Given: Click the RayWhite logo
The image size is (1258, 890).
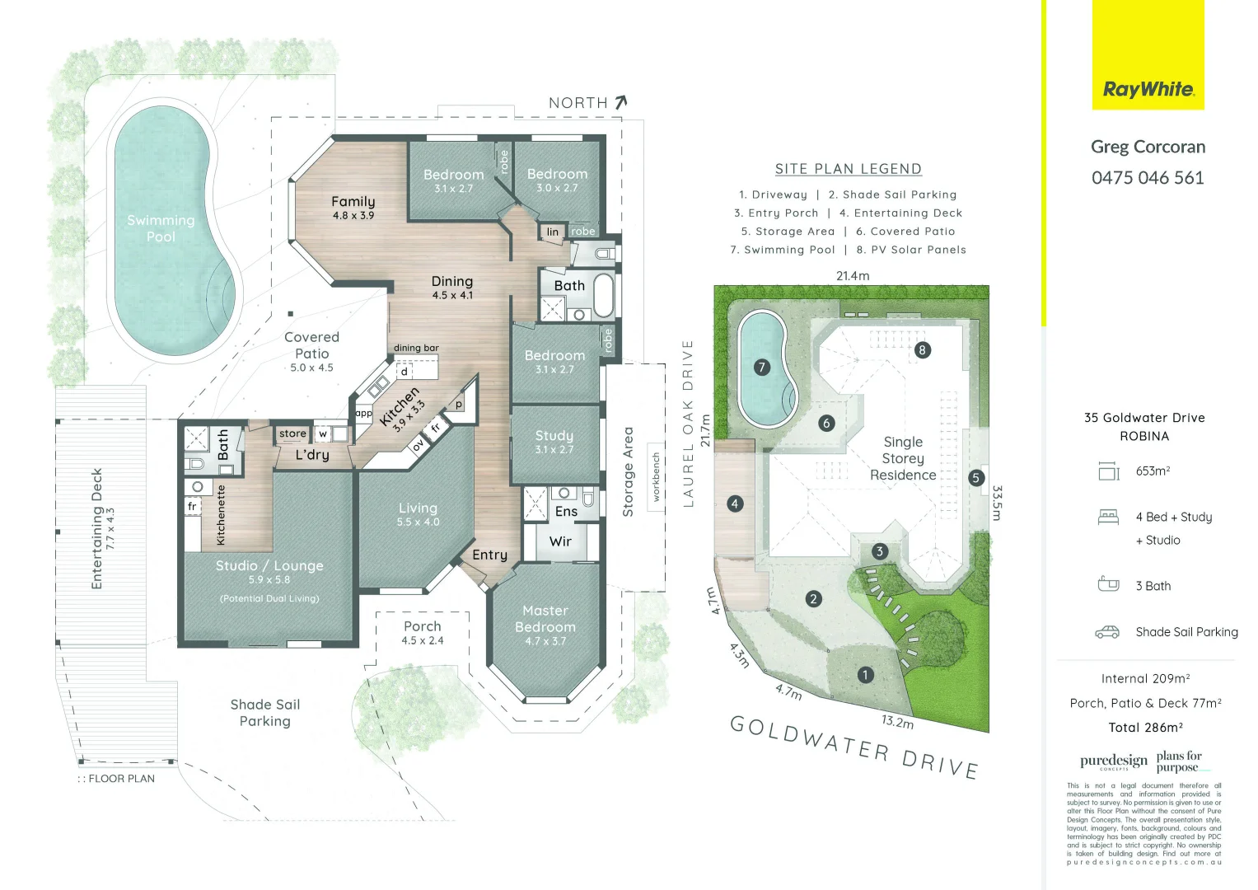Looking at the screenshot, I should (x=1148, y=89).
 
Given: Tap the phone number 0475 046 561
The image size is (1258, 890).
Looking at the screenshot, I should (x=1148, y=178).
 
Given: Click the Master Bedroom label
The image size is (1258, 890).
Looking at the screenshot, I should (x=545, y=619).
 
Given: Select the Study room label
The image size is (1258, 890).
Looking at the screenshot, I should (x=554, y=435).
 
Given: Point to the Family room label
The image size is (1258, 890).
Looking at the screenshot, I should (x=353, y=202).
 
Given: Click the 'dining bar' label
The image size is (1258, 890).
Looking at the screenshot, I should (x=416, y=348).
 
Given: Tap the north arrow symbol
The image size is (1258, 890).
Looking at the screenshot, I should (x=621, y=102).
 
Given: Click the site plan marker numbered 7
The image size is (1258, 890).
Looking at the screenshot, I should (x=762, y=368).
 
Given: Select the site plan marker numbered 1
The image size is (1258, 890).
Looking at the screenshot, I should (x=865, y=675).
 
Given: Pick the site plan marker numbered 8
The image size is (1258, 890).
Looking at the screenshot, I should (x=922, y=350).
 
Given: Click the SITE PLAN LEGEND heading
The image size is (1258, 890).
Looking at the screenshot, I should (x=848, y=169).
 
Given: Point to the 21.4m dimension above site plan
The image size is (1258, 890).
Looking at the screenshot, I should (x=853, y=276).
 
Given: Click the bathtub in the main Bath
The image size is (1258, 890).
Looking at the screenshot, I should (x=603, y=296).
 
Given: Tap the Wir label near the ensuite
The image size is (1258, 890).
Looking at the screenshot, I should (x=560, y=541).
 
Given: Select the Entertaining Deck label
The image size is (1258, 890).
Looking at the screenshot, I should (x=97, y=528).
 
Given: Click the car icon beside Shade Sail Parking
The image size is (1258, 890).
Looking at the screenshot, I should (x=1107, y=632).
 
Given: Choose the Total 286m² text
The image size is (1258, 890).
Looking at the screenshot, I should (x=1145, y=728).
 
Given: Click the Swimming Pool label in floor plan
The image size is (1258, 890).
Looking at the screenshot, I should (x=161, y=228).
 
